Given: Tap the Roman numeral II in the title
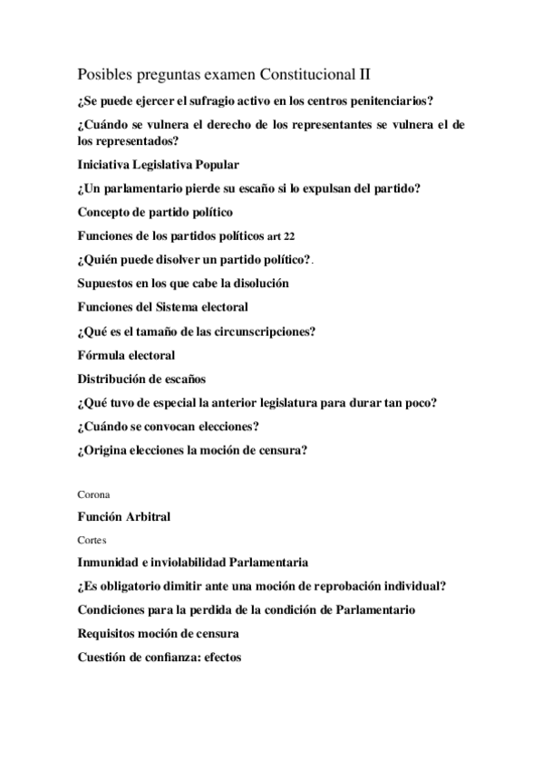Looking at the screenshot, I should pos(367,72).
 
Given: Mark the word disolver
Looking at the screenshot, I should pos(184,260).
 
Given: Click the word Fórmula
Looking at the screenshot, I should pos(102,354).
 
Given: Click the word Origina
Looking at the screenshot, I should pos(105,449).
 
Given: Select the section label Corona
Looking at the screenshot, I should pos(94,495).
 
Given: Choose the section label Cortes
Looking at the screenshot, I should pos(92,540).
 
